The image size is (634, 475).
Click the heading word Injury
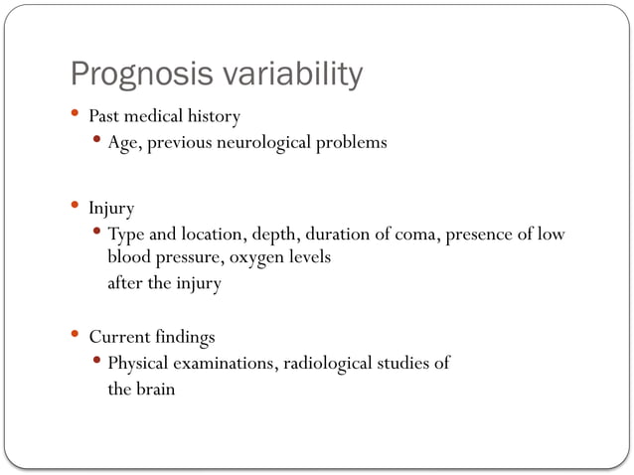[x=111, y=210]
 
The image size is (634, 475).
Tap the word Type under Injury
[x=126, y=236]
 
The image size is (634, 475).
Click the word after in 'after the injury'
[x=125, y=282]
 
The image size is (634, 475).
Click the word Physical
[x=140, y=363]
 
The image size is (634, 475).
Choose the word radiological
[x=330, y=363]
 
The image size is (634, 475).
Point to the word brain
[x=156, y=389]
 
